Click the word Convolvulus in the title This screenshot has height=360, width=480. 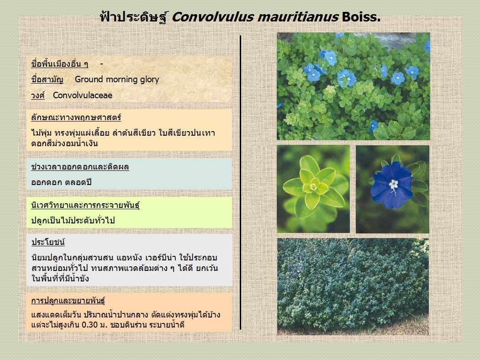click(x=212, y=17)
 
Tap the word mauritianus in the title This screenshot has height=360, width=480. click(x=298, y=17)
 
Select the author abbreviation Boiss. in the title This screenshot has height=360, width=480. click(x=361, y=17)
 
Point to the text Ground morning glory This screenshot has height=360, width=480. click(x=117, y=79)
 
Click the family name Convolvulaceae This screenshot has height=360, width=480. click(x=83, y=95)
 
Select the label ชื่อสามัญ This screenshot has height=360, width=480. click(x=47, y=79)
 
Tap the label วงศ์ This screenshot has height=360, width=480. click(x=38, y=95)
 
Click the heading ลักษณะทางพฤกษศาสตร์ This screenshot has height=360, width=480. click(x=76, y=117)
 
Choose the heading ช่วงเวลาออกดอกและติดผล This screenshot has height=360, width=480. click(x=80, y=167)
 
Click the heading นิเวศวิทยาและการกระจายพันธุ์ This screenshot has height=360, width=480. click(x=85, y=205)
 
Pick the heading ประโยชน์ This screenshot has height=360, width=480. click(x=48, y=242)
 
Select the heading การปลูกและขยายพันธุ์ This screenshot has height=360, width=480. click(x=68, y=300)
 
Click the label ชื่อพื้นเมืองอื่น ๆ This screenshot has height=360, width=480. click(x=60, y=64)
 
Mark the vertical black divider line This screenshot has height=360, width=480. click(x=241, y=182)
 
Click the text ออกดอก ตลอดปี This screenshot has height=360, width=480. click(x=62, y=182)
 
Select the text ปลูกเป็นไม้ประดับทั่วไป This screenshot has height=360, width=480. click(x=73, y=220)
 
